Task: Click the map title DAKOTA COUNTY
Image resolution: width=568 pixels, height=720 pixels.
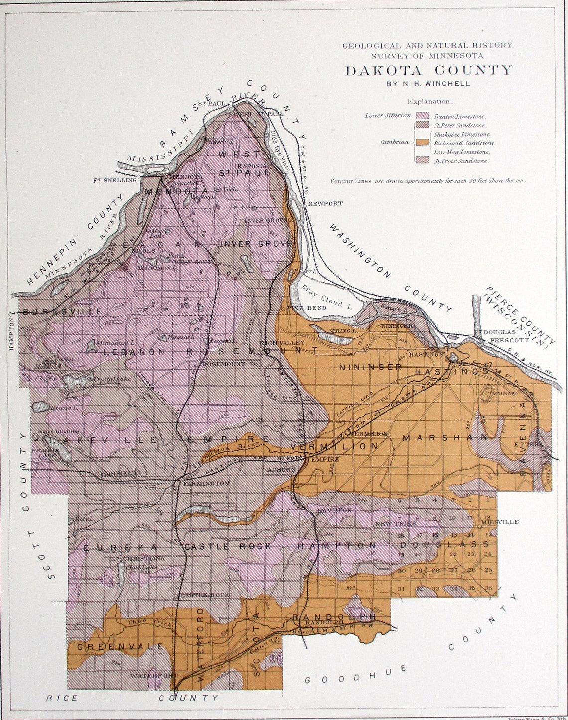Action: [x=428, y=70]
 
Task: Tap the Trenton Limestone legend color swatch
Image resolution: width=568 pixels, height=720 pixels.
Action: [x=426, y=116]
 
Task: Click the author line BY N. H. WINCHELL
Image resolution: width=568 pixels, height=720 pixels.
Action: [x=428, y=84]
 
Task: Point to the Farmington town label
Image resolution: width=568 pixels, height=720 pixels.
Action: [x=206, y=483]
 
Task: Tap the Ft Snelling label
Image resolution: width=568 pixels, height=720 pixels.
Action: [x=114, y=180]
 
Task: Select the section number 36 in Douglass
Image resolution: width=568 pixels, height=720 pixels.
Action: [x=488, y=588]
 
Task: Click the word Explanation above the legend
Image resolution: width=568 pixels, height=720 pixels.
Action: [x=429, y=101]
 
